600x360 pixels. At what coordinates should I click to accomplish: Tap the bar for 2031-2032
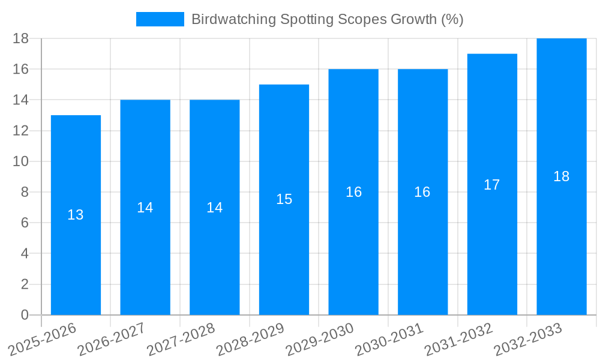click(x=492, y=252)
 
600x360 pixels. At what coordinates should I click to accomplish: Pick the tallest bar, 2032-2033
click(x=562, y=240)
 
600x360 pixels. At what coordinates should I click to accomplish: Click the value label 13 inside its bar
click(x=76, y=215)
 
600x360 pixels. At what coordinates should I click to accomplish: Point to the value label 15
click(x=284, y=199)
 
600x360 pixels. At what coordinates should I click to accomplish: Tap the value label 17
click(x=492, y=185)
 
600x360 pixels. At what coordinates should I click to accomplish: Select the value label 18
click(x=562, y=176)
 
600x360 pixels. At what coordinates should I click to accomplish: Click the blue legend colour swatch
click(x=160, y=19)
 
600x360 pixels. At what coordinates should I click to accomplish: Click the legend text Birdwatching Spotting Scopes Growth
click(x=327, y=19)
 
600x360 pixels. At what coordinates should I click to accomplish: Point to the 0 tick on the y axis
click(x=25, y=315)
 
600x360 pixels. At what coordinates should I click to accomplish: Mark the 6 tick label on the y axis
click(x=25, y=223)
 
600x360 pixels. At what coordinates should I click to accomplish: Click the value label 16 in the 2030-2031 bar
click(x=422, y=192)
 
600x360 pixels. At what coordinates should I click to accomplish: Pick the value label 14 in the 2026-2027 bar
click(x=145, y=208)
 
